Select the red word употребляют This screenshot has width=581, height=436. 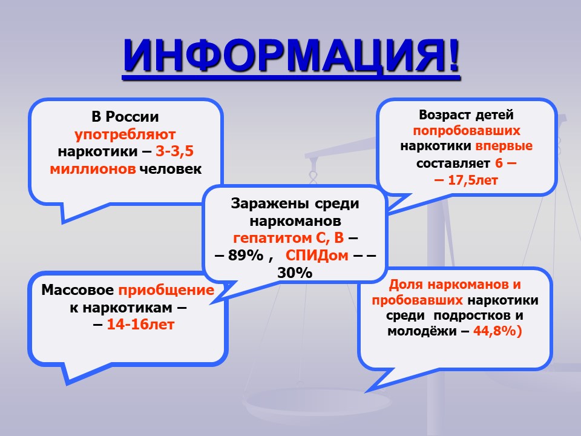tap(125, 135)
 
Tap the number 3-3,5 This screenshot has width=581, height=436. tap(174, 151)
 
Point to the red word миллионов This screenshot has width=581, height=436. tap(93, 169)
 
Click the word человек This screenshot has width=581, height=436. tap(171, 169)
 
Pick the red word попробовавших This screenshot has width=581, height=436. tap(467, 131)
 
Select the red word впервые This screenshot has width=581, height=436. tap(504, 146)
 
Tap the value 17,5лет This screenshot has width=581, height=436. tap(473, 180)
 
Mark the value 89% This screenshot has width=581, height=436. tap(246, 256)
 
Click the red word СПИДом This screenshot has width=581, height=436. tap(317, 256)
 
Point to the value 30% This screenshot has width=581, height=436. tap(295, 273)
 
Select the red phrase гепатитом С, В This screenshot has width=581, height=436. tap(288, 238)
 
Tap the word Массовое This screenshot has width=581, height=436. tap(77, 290)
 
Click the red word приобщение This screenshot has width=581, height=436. tap(166, 291)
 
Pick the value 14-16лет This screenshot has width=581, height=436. tap(140, 325)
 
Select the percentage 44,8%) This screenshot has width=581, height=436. tap(497, 331)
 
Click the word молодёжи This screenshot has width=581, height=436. tap(422, 331)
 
